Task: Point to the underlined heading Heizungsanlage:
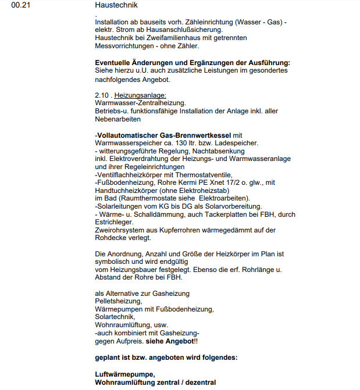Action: [x=141, y=95]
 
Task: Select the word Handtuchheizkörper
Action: [x=129, y=191]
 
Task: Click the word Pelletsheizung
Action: [x=118, y=301]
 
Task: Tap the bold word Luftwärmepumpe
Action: [x=126, y=374]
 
